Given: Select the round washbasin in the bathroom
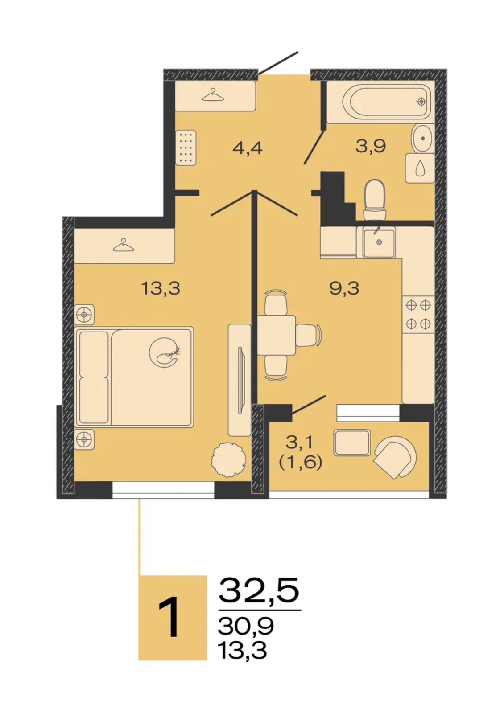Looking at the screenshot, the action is pos(423,139).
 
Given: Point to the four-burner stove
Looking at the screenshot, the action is pos(418,315).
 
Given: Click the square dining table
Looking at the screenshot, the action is pos(277,335).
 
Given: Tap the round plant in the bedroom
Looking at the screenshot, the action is pos(229,458).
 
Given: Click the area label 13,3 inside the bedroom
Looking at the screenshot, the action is pos(161,289).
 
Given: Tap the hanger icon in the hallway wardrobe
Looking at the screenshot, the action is pos(213,95).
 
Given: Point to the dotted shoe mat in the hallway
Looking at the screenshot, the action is pos(186,148).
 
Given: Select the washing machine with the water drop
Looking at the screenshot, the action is pos(420,168).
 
